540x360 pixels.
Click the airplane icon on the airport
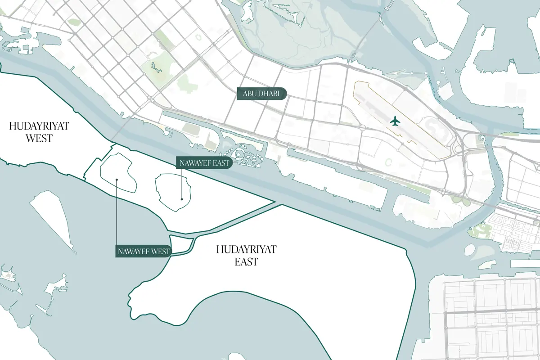[395, 121]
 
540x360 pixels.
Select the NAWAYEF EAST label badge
[204, 163]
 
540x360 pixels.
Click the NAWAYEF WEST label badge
[144, 251]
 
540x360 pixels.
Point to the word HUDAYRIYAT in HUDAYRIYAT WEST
[39, 126]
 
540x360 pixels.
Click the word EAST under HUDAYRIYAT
[246, 261]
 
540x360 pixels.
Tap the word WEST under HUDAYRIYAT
[39, 138]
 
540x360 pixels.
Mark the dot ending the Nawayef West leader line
[117, 180]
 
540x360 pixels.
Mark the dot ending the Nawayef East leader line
[181, 198]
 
